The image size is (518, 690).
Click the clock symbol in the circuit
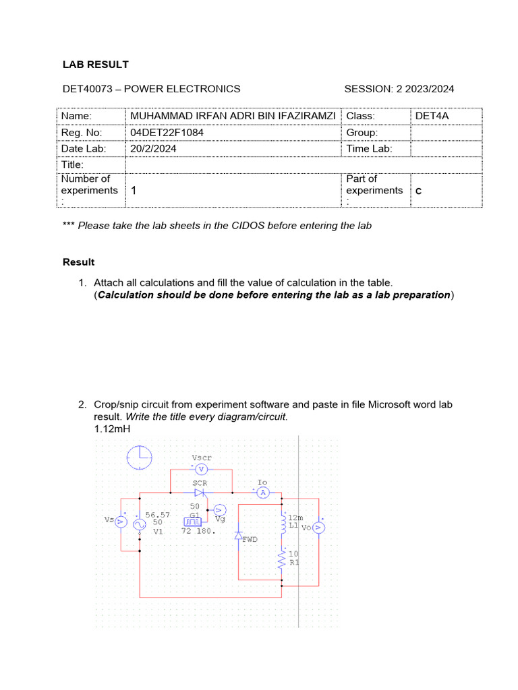(140, 458)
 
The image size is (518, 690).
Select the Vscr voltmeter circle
(200, 469)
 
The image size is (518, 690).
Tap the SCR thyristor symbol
(200, 493)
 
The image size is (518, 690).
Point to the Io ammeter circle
(263, 493)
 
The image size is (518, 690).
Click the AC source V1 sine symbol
(140, 523)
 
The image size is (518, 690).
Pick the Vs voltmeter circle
(121, 521)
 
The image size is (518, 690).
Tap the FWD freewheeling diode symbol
(239, 536)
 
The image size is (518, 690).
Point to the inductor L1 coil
(283, 523)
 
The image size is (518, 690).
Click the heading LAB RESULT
(95, 65)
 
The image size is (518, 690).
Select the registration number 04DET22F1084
(167, 133)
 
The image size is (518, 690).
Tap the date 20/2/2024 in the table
(154, 149)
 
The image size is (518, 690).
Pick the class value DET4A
(432, 117)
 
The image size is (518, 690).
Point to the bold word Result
(78, 261)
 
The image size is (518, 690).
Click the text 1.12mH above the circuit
(112, 429)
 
